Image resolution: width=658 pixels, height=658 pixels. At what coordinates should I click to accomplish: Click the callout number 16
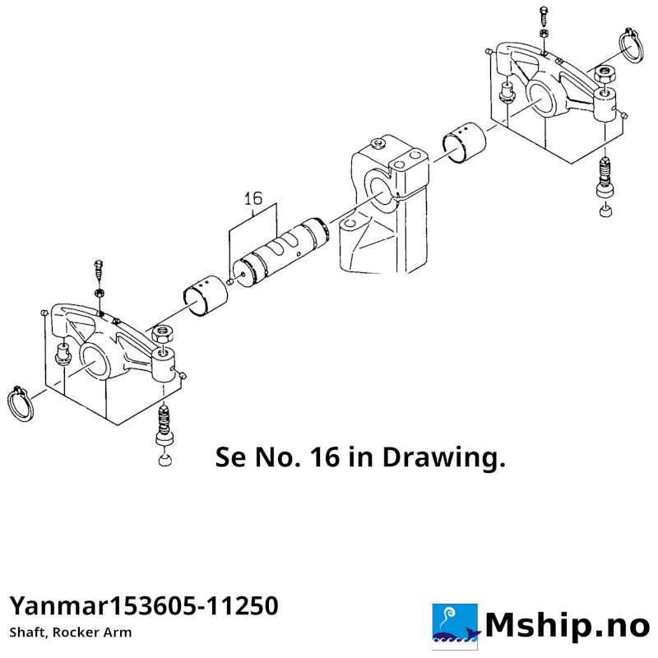click(x=253, y=198)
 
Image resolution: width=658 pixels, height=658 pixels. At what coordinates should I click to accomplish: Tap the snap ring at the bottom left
click(x=19, y=405)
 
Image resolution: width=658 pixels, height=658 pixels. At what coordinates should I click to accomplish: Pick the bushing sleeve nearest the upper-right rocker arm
click(x=464, y=142)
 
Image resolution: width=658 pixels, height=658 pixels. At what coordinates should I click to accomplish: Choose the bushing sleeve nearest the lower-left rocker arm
click(x=206, y=296)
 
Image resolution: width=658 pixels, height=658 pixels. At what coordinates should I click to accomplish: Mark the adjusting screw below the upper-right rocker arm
click(x=605, y=176)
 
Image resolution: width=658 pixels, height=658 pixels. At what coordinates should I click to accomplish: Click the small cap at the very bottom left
click(x=165, y=460)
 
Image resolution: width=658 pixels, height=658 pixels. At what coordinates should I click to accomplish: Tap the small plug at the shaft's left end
click(x=229, y=281)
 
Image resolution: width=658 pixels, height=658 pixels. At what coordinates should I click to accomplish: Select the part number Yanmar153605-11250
click(x=144, y=606)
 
